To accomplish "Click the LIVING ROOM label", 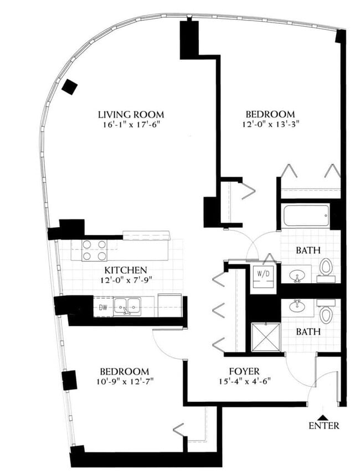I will (131, 115).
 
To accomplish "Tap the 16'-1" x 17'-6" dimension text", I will (131, 125).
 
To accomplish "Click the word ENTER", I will (324, 426).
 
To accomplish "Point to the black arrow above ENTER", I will (323, 416).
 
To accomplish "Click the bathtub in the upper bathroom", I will (306, 215).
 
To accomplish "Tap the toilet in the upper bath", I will (326, 267).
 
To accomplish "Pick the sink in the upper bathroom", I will (298, 274).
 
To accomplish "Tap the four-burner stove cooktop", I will (94, 250).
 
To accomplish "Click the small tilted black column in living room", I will (70, 86).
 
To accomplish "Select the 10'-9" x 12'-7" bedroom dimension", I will (124, 382).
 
